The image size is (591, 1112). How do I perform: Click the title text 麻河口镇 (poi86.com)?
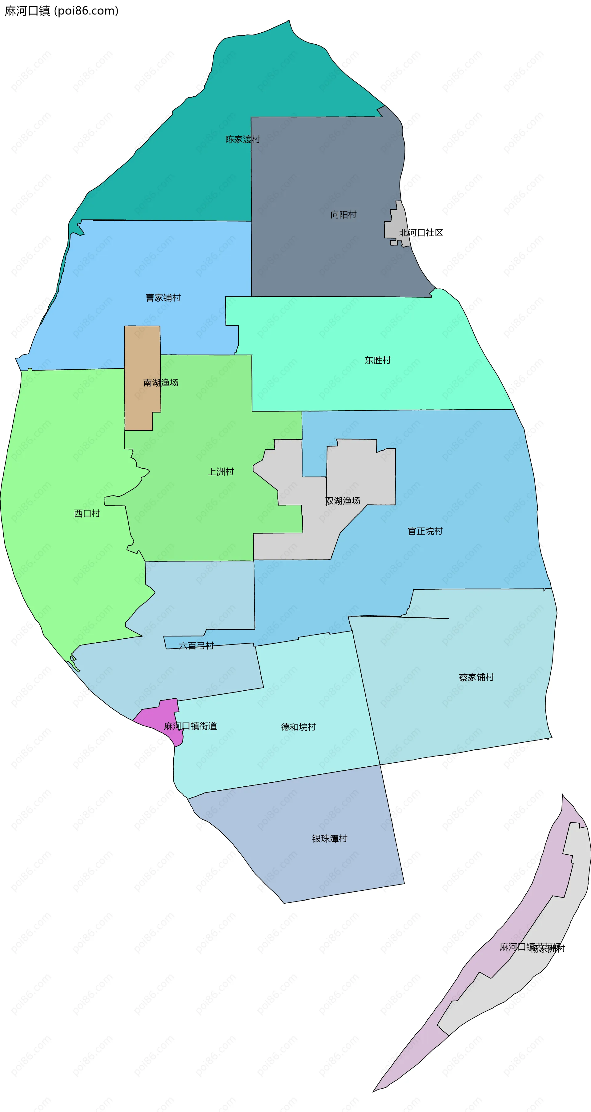(61, 11)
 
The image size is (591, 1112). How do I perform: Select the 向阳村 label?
(343, 215)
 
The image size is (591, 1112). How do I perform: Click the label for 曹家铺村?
(163, 298)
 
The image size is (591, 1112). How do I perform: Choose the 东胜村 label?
(377, 360)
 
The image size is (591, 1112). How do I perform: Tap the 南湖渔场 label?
(161, 383)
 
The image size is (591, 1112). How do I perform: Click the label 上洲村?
(221, 472)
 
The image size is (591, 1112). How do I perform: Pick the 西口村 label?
(87, 513)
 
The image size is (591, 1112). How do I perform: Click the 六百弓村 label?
(196, 646)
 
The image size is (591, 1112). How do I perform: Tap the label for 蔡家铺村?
(476, 677)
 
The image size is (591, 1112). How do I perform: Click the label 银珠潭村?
(329, 838)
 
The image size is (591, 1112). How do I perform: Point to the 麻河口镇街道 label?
(190, 726)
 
